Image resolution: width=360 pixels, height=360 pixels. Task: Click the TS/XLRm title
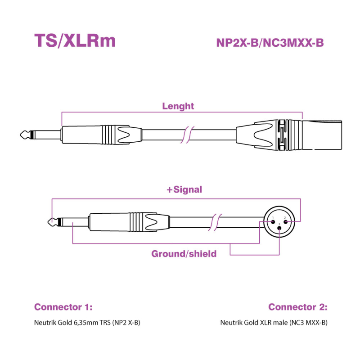[75, 41]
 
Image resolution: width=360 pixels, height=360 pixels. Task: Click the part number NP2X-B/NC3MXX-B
[270, 43]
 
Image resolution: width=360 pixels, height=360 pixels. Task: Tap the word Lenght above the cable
[178, 106]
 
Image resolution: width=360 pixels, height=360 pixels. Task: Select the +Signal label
[184, 190]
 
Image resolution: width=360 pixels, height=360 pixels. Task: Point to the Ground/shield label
[184, 254]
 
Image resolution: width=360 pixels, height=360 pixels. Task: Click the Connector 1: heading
[63, 307]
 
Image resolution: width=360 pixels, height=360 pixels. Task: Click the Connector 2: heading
[298, 307]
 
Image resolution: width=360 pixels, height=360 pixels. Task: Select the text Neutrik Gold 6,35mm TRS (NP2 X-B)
[84, 323]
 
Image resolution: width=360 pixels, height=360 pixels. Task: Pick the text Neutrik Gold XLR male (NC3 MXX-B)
[274, 323]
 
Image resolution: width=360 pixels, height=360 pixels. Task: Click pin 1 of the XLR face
[273, 220]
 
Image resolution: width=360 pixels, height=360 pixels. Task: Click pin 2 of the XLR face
[285, 220]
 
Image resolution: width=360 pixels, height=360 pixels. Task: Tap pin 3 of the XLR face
[279, 228]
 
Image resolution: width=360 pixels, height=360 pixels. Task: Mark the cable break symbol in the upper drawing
[189, 134]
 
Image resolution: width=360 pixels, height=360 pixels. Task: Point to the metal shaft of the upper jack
[45, 134]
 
